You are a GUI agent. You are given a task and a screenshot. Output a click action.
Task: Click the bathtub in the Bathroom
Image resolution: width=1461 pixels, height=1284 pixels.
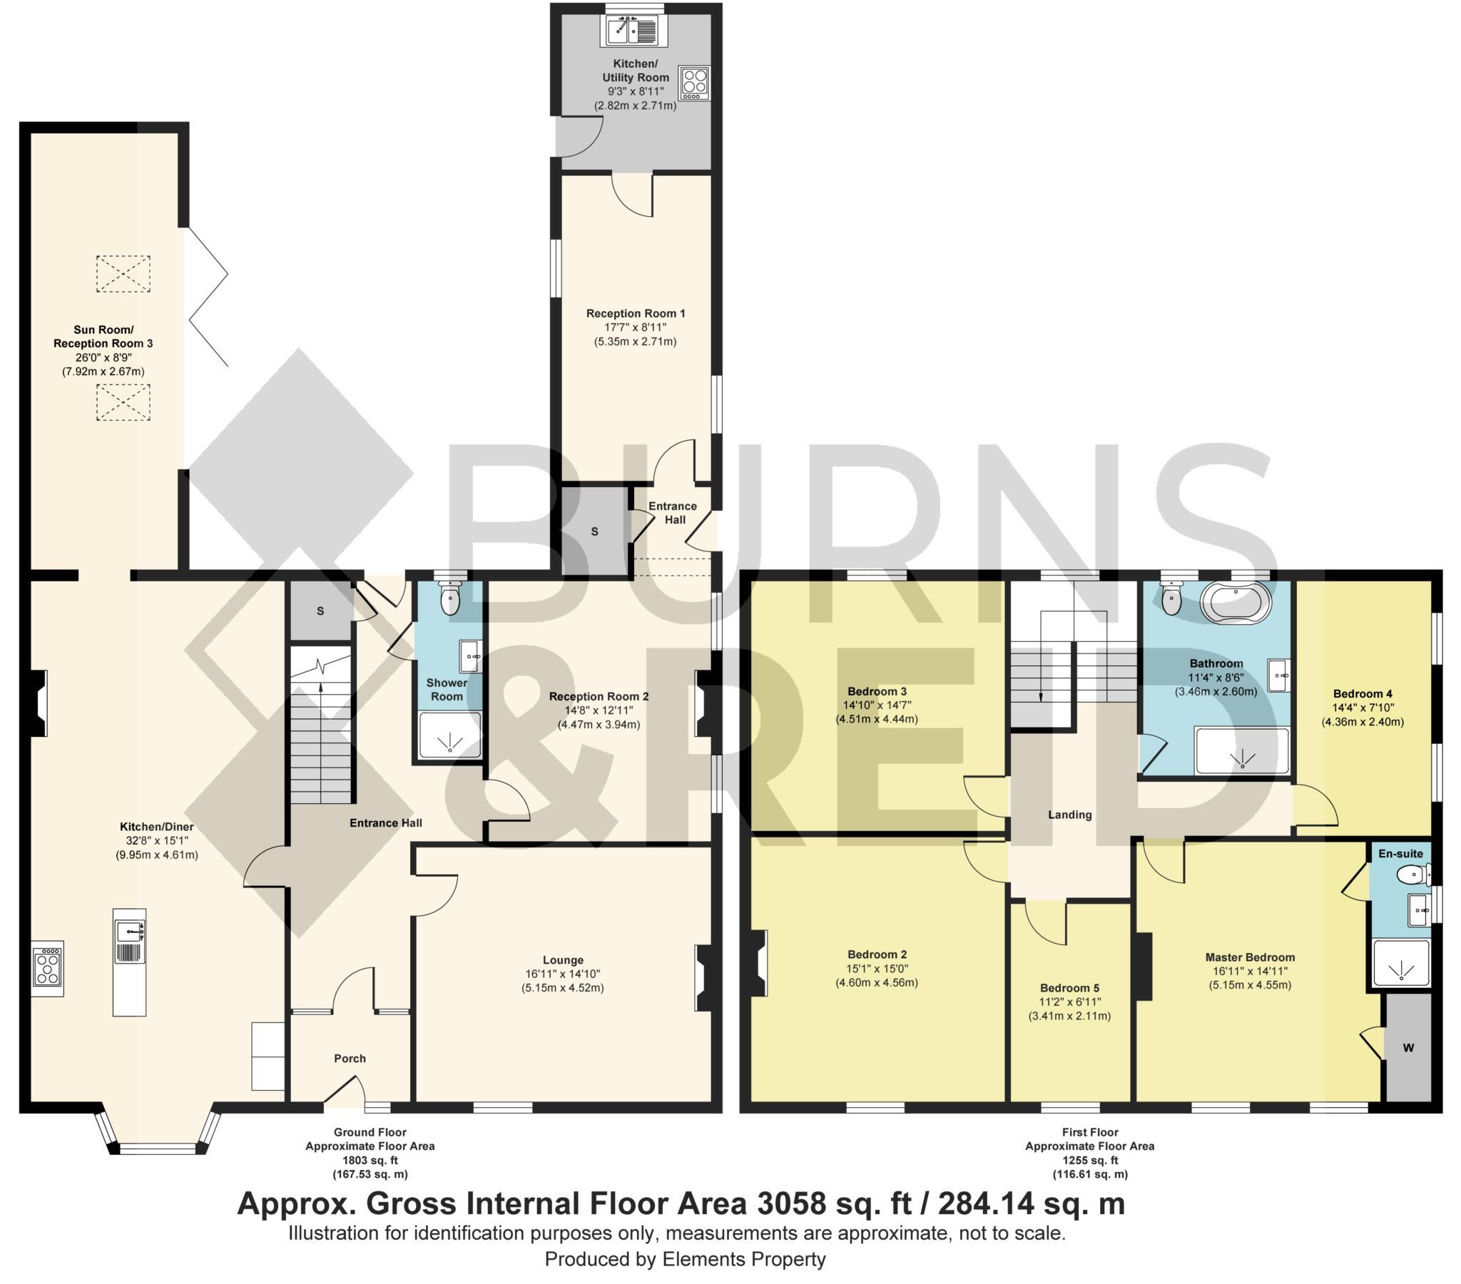(x=1236, y=602)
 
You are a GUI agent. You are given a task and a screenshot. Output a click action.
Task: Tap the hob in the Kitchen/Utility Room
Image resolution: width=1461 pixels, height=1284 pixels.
(x=694, y=83)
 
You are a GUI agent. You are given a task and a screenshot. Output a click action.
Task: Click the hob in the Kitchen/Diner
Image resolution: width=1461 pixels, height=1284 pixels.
(x=47, y=967)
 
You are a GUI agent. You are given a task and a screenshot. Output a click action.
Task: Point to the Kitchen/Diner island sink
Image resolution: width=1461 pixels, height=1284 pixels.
(x=129, y=932)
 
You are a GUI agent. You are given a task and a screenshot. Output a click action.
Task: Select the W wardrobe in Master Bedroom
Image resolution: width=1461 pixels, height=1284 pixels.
(x=1408, y=1048)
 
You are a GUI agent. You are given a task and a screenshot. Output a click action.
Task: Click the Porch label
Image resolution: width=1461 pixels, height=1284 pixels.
(x=350, y=1058)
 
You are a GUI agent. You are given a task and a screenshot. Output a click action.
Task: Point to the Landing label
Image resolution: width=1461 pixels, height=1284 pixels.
(x=1069, y=815)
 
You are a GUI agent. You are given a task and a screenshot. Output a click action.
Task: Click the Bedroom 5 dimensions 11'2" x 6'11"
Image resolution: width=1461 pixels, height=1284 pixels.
(x=1069, y=1002)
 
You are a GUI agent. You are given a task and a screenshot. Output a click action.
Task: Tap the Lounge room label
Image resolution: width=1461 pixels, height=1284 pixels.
(x=563, y=959)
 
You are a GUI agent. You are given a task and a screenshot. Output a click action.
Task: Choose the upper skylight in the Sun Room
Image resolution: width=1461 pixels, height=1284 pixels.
(x=123, y=273)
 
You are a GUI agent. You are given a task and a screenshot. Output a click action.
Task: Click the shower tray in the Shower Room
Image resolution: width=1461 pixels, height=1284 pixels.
(x=449, y=735)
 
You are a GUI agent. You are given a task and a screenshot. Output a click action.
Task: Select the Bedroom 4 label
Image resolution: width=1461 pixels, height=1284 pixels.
(x=1363, y=693)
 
